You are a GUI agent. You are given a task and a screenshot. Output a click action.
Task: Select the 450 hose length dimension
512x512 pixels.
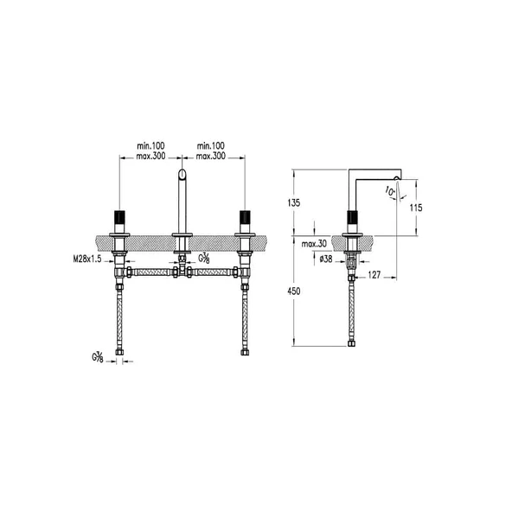[x=294, y=291]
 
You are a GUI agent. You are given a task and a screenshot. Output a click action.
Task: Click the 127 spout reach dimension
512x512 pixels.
[x=374, y=277]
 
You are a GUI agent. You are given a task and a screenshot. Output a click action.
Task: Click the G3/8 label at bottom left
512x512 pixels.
[x=98, y=357]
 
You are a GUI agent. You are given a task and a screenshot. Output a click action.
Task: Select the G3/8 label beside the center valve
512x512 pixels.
[x=204, y=258]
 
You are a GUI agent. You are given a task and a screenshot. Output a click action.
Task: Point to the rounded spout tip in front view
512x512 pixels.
[x=182, y=176]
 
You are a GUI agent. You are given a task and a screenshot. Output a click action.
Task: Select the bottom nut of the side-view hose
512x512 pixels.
[x=351, y=343]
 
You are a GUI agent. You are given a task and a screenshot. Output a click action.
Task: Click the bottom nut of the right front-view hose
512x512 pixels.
[x=244, y=351]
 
